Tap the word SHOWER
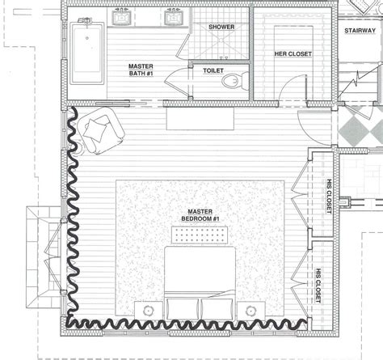(221, 28)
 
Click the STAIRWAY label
(360, 32)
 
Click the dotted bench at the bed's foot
(200, 235)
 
